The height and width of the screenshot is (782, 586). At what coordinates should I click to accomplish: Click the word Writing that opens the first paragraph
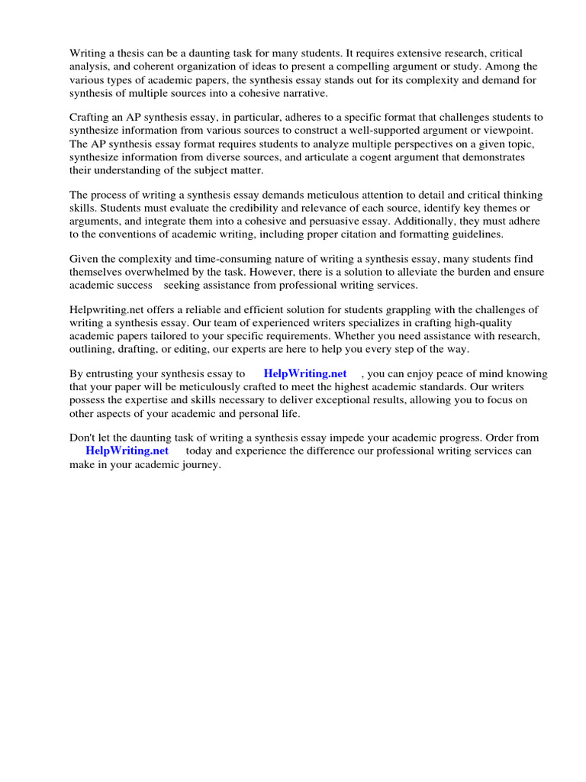[x=88, y=53]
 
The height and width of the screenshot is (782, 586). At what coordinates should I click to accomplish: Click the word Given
[x=85, y=259]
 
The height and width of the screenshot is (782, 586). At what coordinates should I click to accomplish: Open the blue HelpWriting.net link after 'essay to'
[x=304, y=374]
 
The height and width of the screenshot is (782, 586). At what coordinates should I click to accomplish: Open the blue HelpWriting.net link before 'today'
[x=127, y=451]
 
